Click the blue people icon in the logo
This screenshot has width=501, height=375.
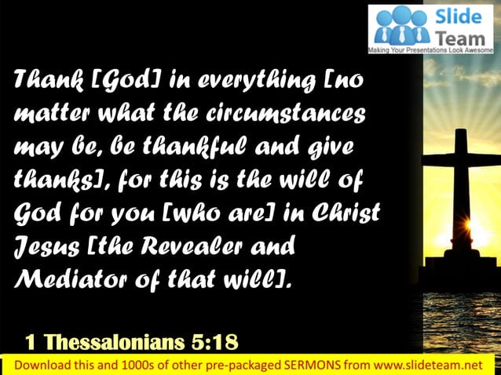(401, 25)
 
